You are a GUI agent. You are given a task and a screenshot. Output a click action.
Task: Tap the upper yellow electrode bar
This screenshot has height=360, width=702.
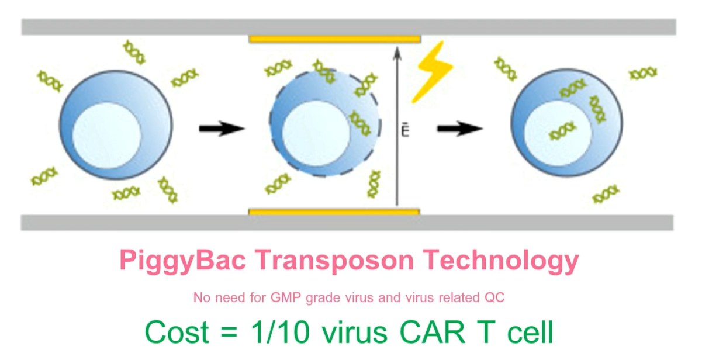(335, 39)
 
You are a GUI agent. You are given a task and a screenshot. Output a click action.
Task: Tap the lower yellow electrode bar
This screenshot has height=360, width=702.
(334, 212)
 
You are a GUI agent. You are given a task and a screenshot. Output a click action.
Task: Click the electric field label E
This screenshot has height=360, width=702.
(405, 130)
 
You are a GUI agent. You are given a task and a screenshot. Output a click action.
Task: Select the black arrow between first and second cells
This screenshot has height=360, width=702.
(222, 129)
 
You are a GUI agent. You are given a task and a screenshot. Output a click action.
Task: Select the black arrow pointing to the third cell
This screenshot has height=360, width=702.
(460, 129)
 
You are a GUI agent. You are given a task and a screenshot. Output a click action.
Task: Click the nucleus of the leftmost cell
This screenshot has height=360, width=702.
(106, 136)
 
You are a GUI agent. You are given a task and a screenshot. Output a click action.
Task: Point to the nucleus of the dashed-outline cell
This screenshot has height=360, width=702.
(316, 133)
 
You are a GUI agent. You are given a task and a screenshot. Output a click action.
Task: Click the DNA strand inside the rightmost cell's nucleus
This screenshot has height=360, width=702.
(562, 131)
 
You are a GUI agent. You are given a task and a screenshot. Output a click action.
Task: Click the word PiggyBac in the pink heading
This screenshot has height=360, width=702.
(182, 261)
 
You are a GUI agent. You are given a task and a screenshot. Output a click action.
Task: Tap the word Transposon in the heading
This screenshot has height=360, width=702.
(334, 261)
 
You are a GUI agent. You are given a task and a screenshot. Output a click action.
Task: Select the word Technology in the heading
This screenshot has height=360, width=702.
(501, 261)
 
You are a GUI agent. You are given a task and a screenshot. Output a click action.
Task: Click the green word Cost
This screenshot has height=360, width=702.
(177, 332)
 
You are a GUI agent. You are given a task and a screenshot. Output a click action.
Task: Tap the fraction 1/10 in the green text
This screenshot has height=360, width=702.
(281, 332)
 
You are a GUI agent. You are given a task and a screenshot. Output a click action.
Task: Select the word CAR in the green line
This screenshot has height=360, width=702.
(433, 332)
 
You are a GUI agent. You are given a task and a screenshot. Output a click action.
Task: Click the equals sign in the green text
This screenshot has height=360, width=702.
(229, 333)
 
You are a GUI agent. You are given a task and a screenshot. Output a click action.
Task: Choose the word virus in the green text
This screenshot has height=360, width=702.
(354, 332)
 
